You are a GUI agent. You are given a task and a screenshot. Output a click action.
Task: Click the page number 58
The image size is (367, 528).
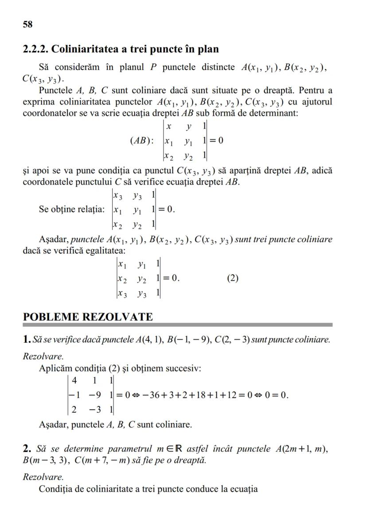tap(27, 24)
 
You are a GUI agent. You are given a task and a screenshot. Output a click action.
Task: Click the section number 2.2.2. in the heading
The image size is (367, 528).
tap(38, 49)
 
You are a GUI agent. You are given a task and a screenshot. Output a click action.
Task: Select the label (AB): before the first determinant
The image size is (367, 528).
tap(142, 141)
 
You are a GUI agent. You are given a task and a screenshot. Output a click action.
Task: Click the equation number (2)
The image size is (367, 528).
tap(233, 278)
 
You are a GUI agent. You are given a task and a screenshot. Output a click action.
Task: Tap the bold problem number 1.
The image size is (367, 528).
tap(26, 340)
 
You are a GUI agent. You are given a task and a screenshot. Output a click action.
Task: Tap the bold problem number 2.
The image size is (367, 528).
tap(26, 449)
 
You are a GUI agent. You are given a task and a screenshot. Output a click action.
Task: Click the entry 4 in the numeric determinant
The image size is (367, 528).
tap(74, 380)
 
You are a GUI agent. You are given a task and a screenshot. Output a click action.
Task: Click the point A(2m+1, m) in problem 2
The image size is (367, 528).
tap(301, 449)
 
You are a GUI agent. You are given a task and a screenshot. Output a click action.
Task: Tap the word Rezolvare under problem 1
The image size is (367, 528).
tap(43, 356)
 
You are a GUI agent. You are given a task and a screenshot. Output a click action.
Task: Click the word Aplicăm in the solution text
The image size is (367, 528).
tap(55, 368)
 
